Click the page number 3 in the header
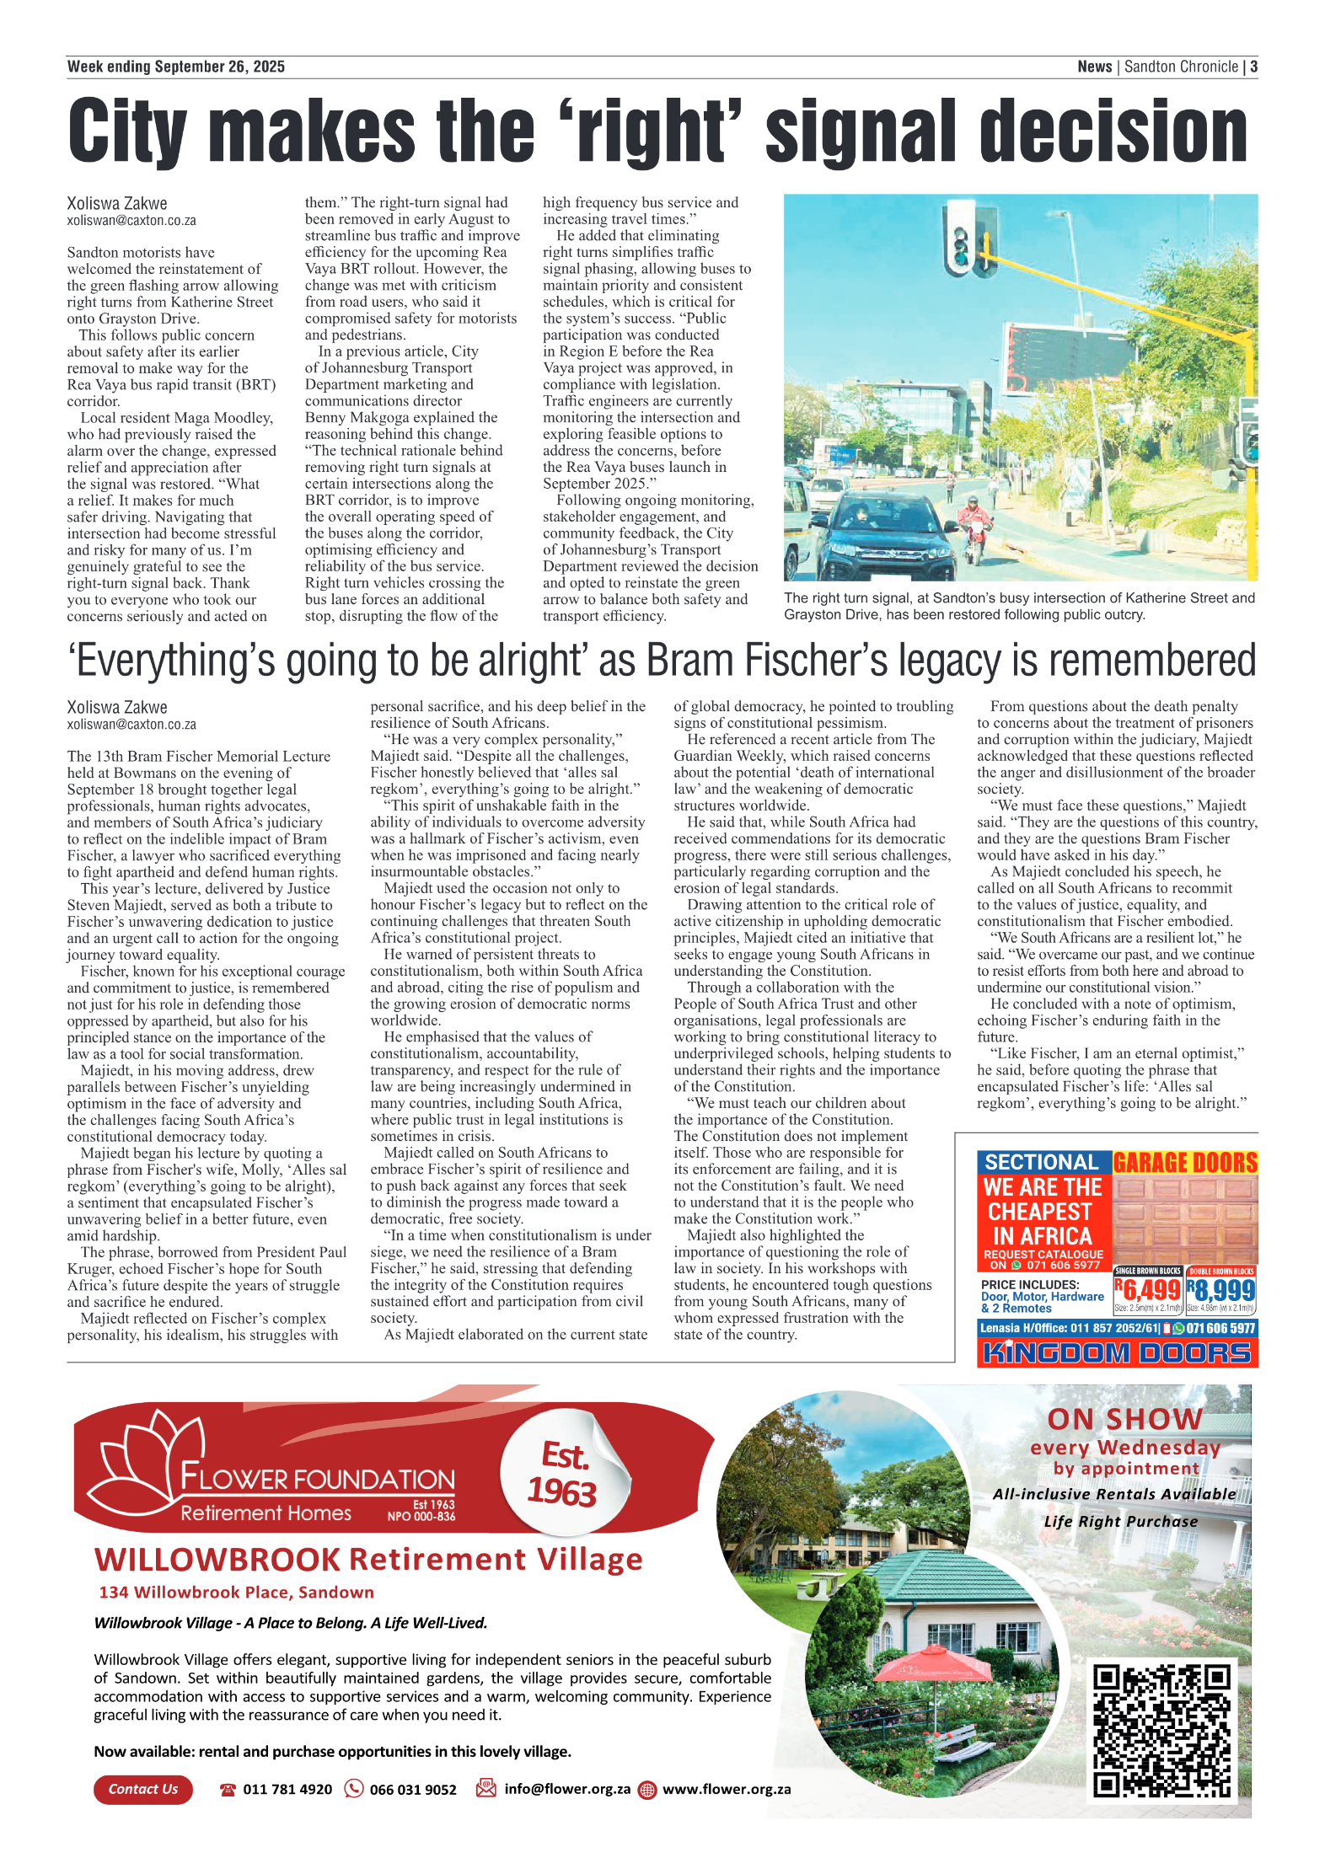pos(1253,67)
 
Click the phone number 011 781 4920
pos(287,1789)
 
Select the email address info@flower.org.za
pos(567,1788)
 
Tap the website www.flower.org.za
pos(727,1789)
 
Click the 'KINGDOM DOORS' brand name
pos(1117,1353)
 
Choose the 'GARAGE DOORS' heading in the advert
pos(1185,1163)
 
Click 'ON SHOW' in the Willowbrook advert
pos(1124,1419)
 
